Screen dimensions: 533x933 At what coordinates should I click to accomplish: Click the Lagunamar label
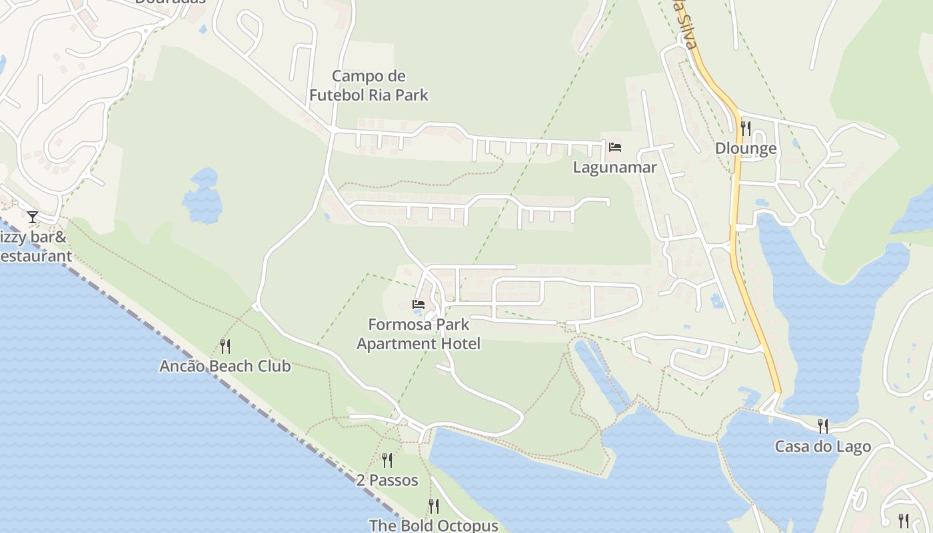click(614, 167)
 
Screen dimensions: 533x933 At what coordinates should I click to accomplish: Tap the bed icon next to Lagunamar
click(614, 147)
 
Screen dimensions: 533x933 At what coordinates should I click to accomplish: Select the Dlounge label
click(746, 148)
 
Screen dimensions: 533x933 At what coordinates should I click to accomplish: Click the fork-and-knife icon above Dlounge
click(746, 128)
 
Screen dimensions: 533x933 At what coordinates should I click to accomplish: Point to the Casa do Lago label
click(822, 446)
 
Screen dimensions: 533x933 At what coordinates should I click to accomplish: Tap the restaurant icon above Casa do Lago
click(823, 426)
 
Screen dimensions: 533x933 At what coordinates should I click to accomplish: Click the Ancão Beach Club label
click(225, 366)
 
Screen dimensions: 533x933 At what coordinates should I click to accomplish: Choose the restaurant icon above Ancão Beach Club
click(225, 346)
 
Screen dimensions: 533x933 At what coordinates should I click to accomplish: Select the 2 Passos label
click(387, 480)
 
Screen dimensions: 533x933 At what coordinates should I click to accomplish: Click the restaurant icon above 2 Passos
click(387, 460)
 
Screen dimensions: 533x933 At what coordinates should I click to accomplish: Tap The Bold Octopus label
click(433, 525)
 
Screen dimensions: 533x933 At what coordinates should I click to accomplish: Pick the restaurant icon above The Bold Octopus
click(433, 506)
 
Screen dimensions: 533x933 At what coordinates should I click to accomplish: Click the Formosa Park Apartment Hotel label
click(419, 334)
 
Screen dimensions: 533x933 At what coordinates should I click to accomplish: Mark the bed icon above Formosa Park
click(419, 304)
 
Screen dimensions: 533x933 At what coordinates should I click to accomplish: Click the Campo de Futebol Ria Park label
click(369, 85)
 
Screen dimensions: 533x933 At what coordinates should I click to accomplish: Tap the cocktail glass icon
click(33, 217)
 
